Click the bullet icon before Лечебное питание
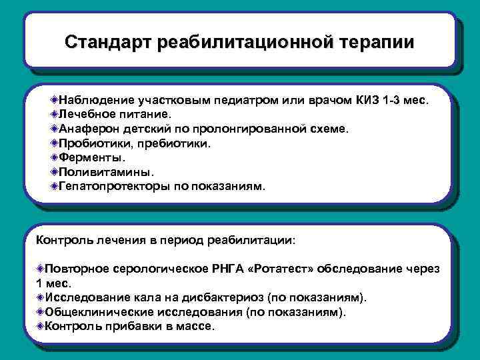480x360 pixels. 53,114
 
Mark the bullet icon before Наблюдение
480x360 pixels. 53,99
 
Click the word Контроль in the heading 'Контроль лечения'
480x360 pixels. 63,238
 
